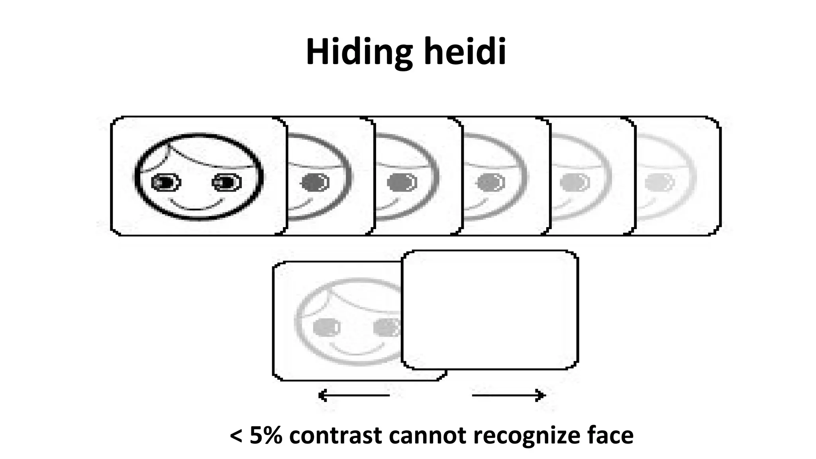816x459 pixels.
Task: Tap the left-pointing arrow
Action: coord(354,395)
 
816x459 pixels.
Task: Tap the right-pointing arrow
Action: coord(508,395)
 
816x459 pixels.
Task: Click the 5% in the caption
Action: coord(266,435)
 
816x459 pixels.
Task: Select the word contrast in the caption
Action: coord(335,435)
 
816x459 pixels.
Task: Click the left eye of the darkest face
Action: coord(166,183)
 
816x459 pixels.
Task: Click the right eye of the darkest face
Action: coord(226,183)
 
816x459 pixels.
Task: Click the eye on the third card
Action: coord(401,182)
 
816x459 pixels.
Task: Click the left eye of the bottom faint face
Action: coord(326,328)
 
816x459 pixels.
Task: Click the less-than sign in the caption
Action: coord(236,436)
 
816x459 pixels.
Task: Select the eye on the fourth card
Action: coord(490,182)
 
